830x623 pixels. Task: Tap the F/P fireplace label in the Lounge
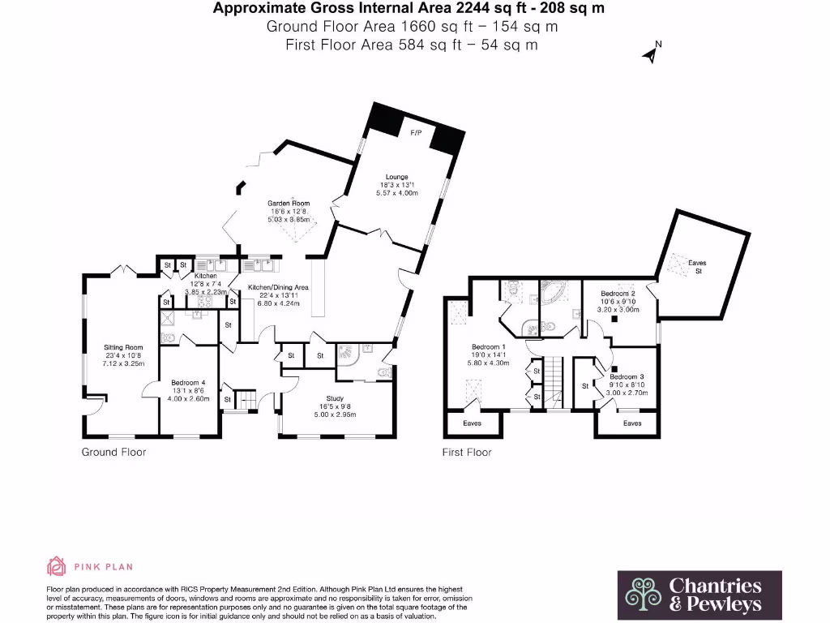[x=416, y=131]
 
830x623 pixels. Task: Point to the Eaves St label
[x=697, y=267]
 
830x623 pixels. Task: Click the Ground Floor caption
[x=113, y=452]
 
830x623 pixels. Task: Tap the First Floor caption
[x=467, y=452]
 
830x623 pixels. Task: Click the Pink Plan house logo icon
[x=56, y=566]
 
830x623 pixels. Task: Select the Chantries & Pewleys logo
[x=700, y=595]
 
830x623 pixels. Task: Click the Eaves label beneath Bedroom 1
[x=472, y=423]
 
